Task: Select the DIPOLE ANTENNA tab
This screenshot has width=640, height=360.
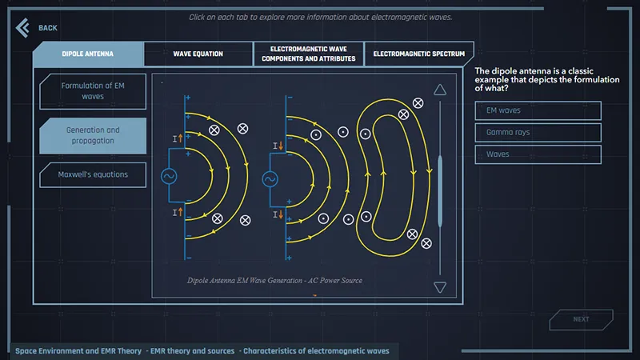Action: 88,54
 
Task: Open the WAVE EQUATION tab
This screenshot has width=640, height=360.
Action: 198,54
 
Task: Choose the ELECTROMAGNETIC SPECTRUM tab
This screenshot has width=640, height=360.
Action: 418,54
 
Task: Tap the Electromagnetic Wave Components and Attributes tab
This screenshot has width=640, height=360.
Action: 308,54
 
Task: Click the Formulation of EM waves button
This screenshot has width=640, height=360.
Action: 93,90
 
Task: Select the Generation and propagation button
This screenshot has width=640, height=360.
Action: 93,135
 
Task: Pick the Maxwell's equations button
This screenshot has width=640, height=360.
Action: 93,174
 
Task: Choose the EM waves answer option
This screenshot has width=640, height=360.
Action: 538,110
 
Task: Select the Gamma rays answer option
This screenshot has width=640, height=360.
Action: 538,132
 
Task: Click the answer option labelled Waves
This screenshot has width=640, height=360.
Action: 538,154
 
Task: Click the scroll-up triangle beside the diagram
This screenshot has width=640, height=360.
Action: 439,90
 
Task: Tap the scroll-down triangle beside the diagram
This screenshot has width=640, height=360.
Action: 439,287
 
